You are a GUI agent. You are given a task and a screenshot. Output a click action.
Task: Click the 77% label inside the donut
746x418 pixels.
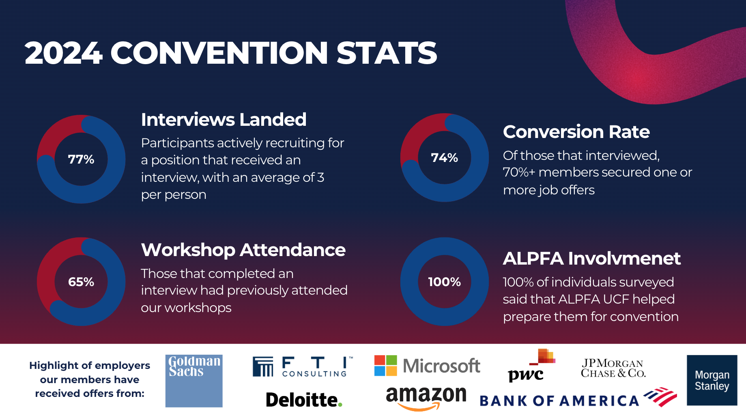point(81,159)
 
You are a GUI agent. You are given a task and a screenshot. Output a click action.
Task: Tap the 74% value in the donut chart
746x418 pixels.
point(444,157)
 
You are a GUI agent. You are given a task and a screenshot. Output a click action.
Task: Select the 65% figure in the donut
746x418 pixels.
point(81,282)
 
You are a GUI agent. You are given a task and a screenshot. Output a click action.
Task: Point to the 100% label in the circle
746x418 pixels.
point(444,282)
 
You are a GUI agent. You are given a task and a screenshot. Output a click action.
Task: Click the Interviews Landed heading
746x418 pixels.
point(224,120)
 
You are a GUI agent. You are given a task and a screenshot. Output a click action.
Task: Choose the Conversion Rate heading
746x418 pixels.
point(576,132)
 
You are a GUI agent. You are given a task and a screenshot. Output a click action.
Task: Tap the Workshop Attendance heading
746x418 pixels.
point(243,250)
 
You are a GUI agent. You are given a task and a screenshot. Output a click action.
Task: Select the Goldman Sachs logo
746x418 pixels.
point(194,381)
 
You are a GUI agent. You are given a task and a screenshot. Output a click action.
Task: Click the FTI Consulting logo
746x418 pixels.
point(302,366)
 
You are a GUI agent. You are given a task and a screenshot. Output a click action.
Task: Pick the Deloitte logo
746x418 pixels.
point(304,400)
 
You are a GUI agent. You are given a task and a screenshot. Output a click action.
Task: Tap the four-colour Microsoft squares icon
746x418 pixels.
point(385,366)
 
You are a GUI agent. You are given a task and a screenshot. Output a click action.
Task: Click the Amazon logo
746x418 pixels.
point(426,397)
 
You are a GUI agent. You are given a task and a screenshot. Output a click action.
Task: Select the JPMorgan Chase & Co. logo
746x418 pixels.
point(613,368)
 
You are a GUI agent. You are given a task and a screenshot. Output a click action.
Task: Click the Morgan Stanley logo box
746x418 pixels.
point(712,380)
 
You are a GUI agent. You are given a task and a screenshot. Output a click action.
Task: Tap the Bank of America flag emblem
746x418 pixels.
point(660,396)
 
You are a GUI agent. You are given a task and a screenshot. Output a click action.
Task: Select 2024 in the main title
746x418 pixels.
point(63,53)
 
